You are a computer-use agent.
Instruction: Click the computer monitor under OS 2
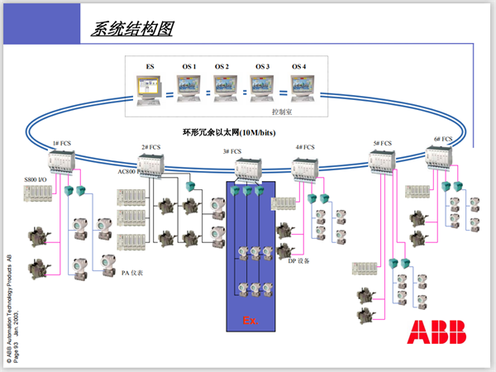225,85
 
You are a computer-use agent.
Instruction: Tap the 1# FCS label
62,143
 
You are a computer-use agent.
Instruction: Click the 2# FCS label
150,147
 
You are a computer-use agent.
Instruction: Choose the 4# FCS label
305,148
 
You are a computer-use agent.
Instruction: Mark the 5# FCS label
382,143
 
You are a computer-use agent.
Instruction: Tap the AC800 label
128,172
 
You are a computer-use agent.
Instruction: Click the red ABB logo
436,332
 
